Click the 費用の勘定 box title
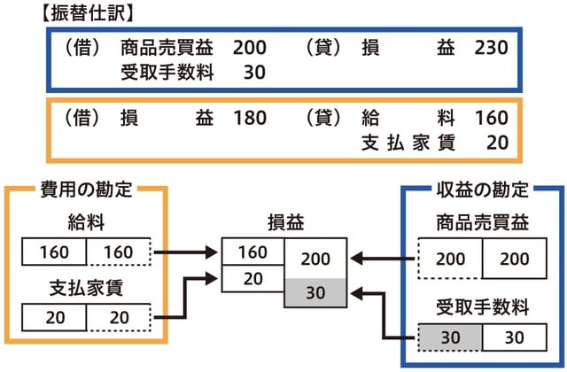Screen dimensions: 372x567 tap(85, 190)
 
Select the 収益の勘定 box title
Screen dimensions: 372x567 tap(482, 190)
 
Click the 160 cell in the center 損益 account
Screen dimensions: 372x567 tap(252, 252)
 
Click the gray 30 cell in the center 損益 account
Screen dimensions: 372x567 tap(316, 292)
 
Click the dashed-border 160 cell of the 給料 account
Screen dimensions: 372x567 tap(119, 253)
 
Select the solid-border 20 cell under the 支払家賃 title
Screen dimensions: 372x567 tap(54, 316)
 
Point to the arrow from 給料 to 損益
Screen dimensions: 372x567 tap(185, 253)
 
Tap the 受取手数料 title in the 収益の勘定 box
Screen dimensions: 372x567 tap(482, 308)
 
